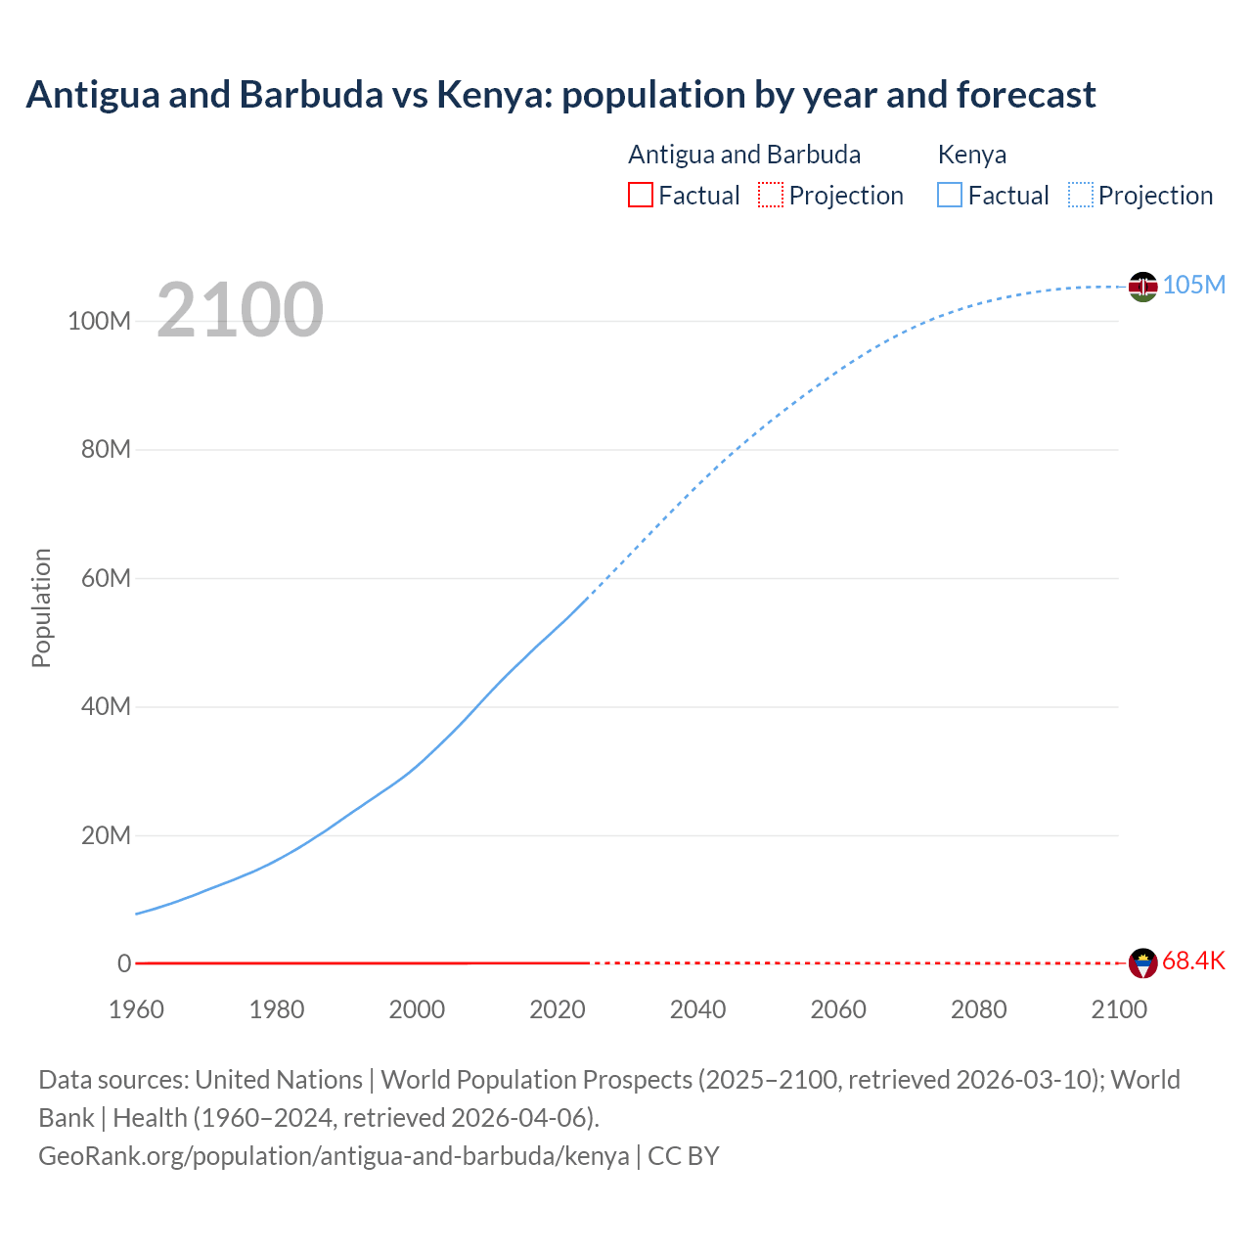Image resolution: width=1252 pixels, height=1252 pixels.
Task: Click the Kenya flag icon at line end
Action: (x=1142, y=287)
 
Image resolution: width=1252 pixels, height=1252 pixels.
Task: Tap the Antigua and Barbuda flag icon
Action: (x=1142, y=963)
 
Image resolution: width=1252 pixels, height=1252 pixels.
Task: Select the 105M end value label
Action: (x=1193, y=285)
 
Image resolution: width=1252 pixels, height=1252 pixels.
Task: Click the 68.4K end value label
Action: (x=1193, y=961)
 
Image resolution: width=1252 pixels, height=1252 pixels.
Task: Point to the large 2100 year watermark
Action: (x=240, y=309)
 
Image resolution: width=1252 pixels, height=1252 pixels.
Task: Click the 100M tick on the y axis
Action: (x=99, y=321)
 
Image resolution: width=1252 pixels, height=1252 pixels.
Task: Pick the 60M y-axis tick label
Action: (x=106, y=578)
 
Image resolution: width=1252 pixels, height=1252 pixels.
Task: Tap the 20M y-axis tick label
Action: (x=106, y=835)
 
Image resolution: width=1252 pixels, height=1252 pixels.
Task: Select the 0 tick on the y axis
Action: (x=124, y=963)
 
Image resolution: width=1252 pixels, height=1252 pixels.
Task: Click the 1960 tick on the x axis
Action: (x=136, y=1009)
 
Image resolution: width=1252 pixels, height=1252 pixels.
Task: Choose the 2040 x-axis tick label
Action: (x=697, y=1009)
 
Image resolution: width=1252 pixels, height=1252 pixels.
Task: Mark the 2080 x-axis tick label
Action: (x=978, y=1009)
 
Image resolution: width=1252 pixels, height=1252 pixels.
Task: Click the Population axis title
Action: (x=41, y=607)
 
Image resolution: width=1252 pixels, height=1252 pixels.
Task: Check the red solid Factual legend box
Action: (x=640, y=195)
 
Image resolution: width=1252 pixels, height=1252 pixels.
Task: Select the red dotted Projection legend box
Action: (x=771, y=195)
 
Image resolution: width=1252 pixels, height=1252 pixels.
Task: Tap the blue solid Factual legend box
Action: (x=949, y=195)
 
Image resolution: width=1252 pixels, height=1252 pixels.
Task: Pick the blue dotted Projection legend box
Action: (x=1080, y=195)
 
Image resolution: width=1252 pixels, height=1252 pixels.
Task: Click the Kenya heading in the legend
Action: (x=971, y=155)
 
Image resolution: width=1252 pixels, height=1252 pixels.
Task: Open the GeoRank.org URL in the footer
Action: (x=334, y=1156)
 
